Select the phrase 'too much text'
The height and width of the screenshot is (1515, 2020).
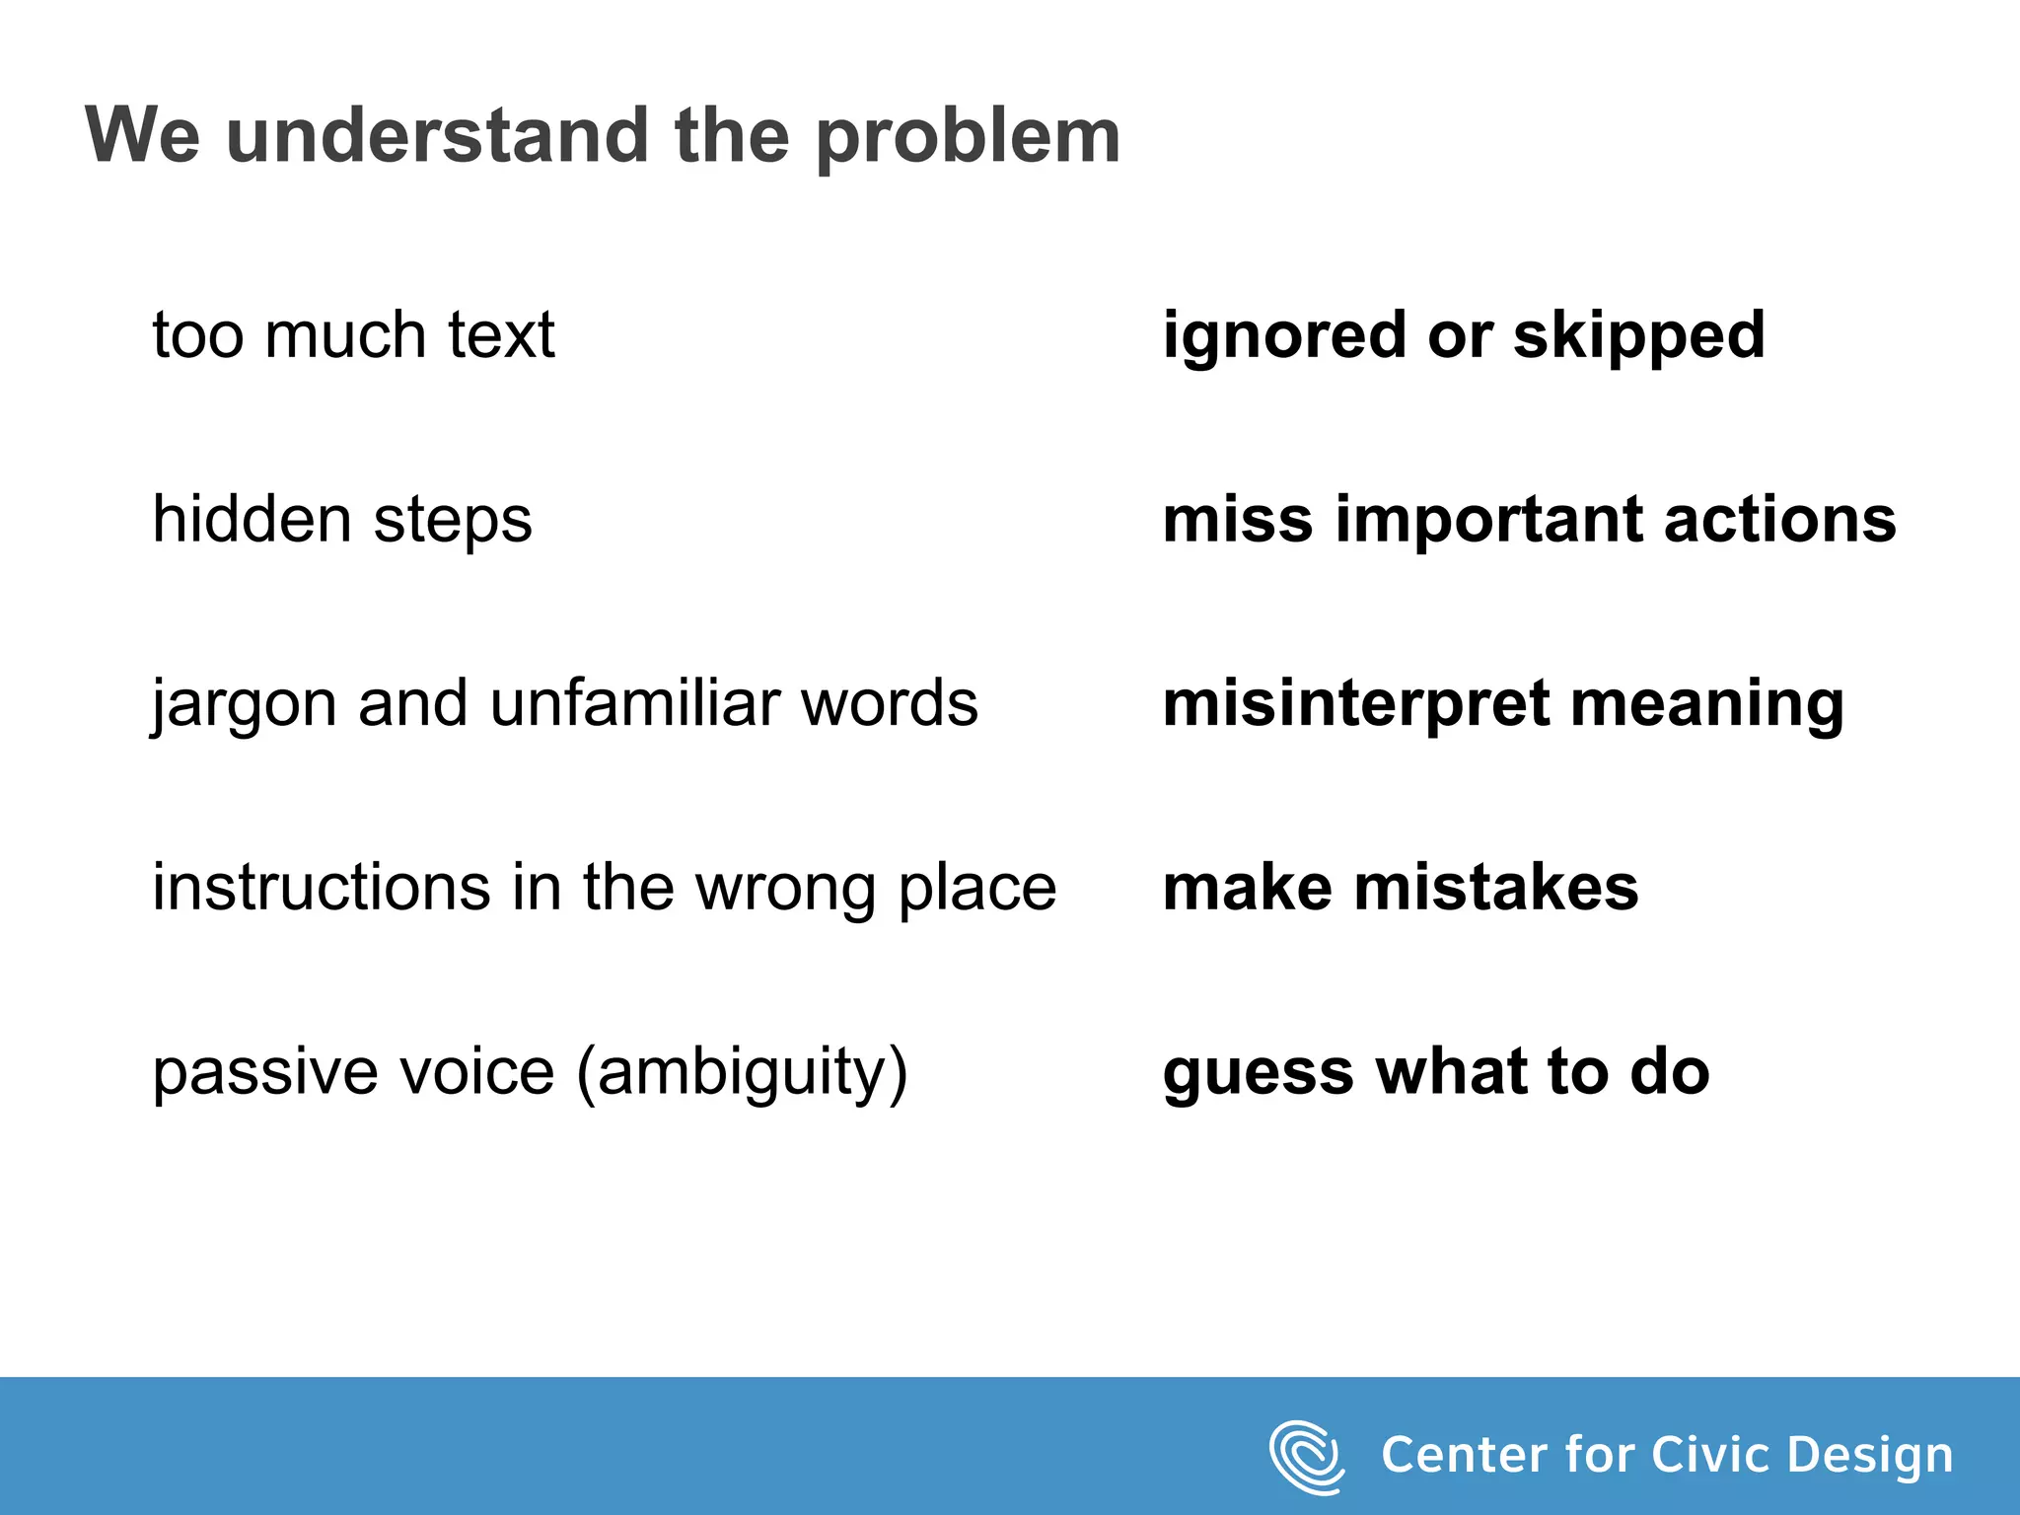pos(353,334)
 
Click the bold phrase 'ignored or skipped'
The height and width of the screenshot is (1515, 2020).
pos(1464,336)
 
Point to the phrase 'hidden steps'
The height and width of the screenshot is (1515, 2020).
pos(341,520)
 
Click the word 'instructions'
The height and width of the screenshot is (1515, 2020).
pos(321,887)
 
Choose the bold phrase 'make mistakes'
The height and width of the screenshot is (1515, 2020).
pos(1401,888)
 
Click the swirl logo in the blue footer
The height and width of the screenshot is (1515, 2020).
pos(1307,1457)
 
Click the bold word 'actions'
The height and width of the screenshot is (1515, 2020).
pos(1779,520)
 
